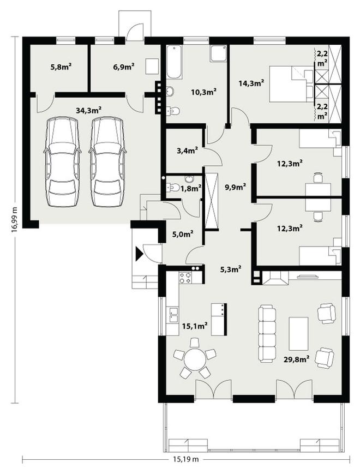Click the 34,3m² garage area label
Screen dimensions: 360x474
pyautogui.click(x=88, y=110)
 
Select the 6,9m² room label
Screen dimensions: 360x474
pyautogui.click(x=124, y=67)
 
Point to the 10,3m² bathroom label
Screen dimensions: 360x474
pyautogui.click(x=204, y=92)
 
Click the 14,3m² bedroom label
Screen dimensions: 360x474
pyautogui.click(x=251, y=83)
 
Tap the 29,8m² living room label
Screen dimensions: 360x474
pyautogui.click(x=296, y=358)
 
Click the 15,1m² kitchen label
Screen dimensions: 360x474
pyautogui.click(x=194, y=326)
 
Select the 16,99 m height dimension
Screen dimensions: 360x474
pyautogui.click(x=14, y=219)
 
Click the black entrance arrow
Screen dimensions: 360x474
pyautogui.click(x=139, y=254)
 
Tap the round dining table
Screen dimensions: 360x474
pyautogui.click(x=195, y=359)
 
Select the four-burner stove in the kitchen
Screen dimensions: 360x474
pyautogui.click(x=185, y=278)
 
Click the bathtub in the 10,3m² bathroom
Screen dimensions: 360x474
pyautogui.click(x=174, y=62)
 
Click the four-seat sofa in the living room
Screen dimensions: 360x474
pyautogui.click(x=267, y=334)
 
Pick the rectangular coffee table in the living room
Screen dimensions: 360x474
pyautogui.click(x=298, y=333)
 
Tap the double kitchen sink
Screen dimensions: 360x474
pyautogui.click(x=173, y=315)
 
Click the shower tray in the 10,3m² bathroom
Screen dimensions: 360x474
pyautogui.click(x=218, y=53)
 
